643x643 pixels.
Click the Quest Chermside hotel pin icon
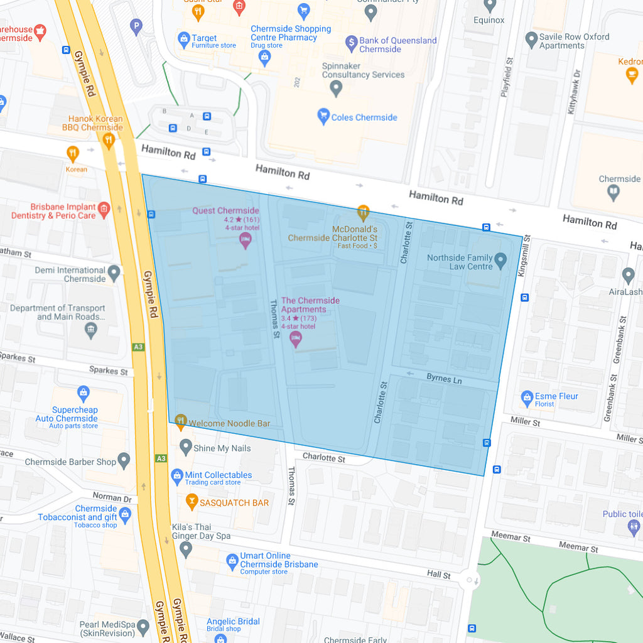point(246,240)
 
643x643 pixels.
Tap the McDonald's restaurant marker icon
point(363,212)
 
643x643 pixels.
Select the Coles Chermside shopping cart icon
point(323,116)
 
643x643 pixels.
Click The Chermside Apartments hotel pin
point(295,340)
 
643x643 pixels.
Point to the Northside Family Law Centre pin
point(500,259)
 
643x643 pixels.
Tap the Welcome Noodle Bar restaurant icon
point(181,421)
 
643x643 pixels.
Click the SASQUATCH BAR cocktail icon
point(192,501)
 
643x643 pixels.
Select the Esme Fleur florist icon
point(527,397)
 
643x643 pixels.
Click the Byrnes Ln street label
point(444,379)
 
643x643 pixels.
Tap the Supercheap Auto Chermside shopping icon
point(84,394)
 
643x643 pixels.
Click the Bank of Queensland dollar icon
point(352,43)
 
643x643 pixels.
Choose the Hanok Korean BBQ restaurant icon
point(109,140)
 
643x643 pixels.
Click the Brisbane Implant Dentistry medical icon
point(104,209)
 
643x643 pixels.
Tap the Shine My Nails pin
point(185,447)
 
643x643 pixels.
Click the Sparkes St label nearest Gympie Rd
point(108,370)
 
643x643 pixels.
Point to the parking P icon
point(136,26)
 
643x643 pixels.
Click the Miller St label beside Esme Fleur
point(525,422)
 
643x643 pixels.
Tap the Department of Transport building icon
point(92,330)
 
